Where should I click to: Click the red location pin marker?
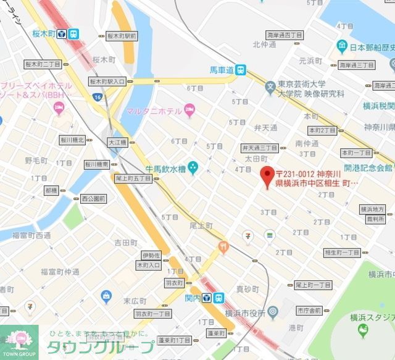[x=267, y=176]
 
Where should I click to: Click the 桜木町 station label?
[x=44, y=34]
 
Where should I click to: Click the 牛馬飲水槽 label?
[x=165, y=167]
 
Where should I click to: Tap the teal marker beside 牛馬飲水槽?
[x=193, y=167]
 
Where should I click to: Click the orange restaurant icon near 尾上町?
[x=223, y=247]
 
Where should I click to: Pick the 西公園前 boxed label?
[x=94, y=199]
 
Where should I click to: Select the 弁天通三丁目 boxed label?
[x=259, y=148]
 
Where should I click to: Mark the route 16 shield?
[x=97, y=97]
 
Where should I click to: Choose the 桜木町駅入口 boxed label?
[x=107, y=81]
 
